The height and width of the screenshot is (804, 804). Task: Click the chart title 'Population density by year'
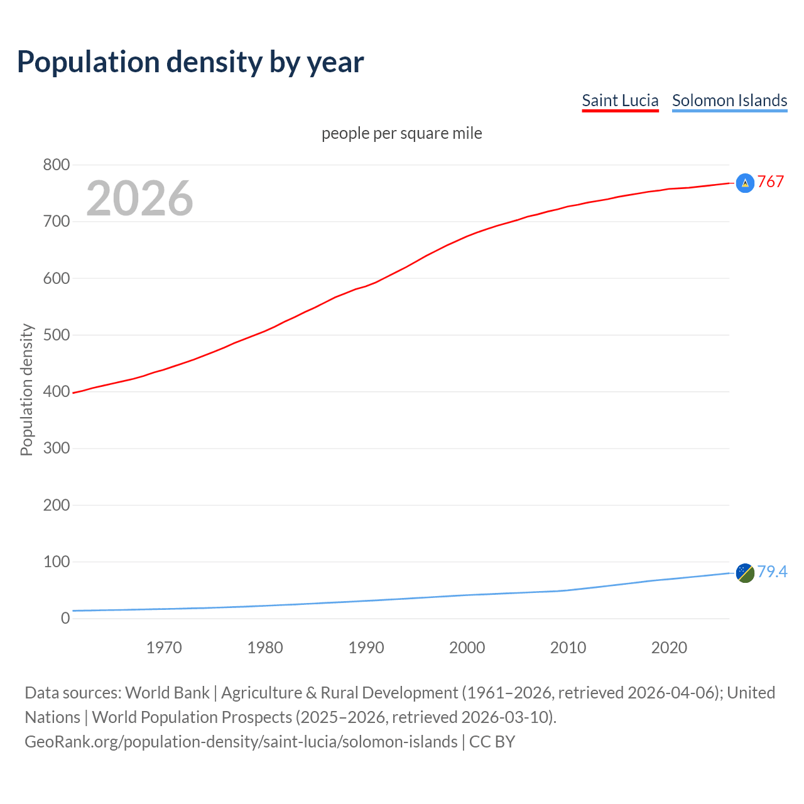190,62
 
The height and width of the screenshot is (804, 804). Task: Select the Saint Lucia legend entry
620,100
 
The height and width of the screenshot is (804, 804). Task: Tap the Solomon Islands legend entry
729,100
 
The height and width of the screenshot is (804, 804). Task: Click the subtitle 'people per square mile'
401,133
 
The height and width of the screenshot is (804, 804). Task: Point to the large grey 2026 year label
139,198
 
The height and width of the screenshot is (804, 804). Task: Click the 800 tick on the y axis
56,165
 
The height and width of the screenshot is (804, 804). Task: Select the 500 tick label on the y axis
56,335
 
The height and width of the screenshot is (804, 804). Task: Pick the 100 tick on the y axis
56,562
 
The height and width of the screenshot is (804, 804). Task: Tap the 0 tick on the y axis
65,618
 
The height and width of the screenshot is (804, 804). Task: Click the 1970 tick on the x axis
164,648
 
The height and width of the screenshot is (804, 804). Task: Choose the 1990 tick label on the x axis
366,648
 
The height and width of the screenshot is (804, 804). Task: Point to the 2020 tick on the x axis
669,648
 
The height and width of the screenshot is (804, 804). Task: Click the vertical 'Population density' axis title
26,389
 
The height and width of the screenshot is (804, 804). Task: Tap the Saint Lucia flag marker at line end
745,183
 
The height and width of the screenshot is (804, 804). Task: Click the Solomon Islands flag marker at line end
745,573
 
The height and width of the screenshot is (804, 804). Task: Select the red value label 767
771,182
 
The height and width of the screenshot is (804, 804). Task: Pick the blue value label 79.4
772,572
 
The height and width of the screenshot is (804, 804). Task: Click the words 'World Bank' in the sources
167,692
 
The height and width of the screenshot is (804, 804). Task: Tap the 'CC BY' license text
492,741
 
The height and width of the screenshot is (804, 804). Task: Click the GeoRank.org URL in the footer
241,741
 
